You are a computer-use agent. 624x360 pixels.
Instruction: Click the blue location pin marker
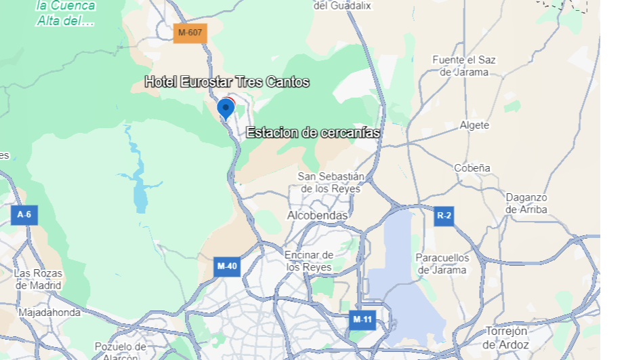pyautogui.click(x=226, y=108)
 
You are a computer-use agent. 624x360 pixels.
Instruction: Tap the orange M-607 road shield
pyautogui.click(x=190, y=32)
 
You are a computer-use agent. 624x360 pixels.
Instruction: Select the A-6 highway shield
pyautogui.click(x=24, y=215)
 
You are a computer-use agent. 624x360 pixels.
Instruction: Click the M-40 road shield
pyautogui.click(x=226, y=266)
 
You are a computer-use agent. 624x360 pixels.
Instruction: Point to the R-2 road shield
pyautogui.click(x=444, y=216)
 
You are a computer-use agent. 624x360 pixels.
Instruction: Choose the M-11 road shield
pyautogui.click(x=362, y=319)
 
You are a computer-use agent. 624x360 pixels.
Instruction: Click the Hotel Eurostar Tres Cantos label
pyautogui.click(x=227, y=83)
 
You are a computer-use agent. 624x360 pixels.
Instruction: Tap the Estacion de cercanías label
pyautogui.click(x=313, y=132)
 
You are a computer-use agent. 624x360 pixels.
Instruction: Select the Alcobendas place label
pyautogui.click(x=317, y=216)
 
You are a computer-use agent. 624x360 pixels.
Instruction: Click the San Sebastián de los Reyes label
pyautogui.click(x=331, y=182)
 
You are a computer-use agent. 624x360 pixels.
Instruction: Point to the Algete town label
pyautogui.click(x=474, y=125)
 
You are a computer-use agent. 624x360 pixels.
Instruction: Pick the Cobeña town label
pyautogui.click(x=472, y=167)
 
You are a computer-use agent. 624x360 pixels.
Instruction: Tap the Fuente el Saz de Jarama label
pyautogui.click(x=464, y=66)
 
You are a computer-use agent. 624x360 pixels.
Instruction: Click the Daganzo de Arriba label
pyautogui.click(x=526, y=203)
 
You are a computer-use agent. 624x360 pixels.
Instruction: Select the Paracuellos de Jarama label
pyautogui.click(x=442, y=264)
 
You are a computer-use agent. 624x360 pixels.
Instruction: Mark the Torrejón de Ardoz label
pyautogui.click(x=506, y=338)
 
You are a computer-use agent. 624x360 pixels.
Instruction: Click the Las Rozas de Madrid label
pyautogui.click(x=38, y=279)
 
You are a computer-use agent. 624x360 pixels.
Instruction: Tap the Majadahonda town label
pyautogui.click(x=49, y=313)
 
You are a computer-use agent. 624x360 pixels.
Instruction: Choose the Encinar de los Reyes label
pyautogui.click(x=309, y=261)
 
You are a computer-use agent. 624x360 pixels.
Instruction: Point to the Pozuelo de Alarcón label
pyautogui.click(x=120, y=351)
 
